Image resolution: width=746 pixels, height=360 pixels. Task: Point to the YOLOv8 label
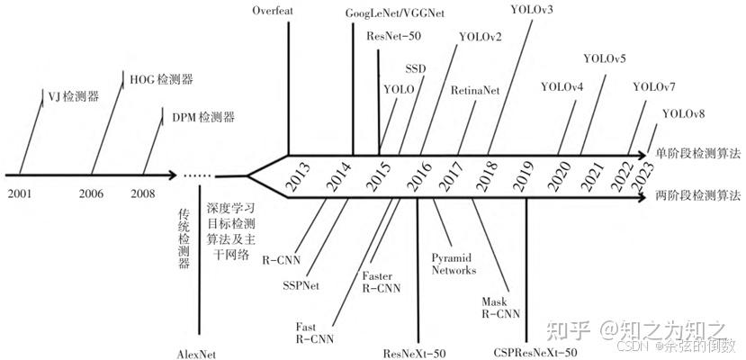pyautogui.click(x=683, y=113)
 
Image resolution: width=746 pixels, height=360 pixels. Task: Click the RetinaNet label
pyautogui.click(x=474, y=90)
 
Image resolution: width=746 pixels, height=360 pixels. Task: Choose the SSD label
pyautogui.click(x=415, y=68)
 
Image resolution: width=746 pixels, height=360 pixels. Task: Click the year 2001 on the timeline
pyautogui.click(x=19, y=192)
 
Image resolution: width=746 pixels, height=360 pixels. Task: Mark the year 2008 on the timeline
pyautogui.click(x=142, y=192)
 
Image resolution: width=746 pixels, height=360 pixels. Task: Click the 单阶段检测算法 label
pyautogui.click(x=697, y=153)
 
